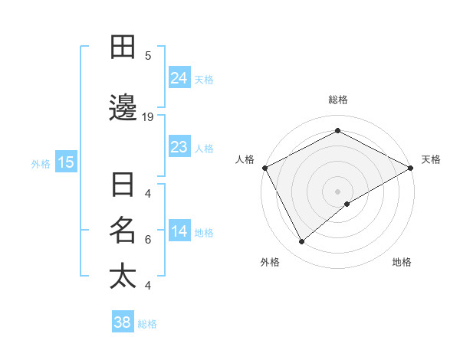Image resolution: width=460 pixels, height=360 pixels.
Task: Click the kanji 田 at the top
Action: point(123,47)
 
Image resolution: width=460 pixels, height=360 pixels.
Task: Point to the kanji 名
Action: point(123,229)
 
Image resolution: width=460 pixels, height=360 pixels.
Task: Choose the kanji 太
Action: point(123,275)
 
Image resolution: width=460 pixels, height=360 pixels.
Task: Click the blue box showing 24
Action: point(179,77)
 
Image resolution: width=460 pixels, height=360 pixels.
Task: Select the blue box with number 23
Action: point(179,146)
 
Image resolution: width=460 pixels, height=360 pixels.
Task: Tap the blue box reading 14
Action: point(179,231)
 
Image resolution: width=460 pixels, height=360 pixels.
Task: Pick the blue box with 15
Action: point(66,162)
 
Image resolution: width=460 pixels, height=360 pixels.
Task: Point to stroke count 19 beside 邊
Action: point(148,117)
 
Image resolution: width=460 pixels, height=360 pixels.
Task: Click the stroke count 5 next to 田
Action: point(148,55)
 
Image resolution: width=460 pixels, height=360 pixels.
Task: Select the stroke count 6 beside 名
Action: point(148,239)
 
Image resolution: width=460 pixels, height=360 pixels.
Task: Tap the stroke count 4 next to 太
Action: point(148,286)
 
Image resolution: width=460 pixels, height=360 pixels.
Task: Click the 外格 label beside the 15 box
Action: point(41,162)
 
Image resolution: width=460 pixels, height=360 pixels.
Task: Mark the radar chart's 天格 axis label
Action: point(431,159)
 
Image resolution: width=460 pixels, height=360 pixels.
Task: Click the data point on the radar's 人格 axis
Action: point(264,167)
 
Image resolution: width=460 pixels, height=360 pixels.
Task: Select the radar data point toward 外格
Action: point(302,242)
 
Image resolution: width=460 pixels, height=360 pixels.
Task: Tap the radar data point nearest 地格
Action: point(347,204)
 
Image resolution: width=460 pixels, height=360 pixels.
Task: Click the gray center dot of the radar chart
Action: point(337,191)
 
